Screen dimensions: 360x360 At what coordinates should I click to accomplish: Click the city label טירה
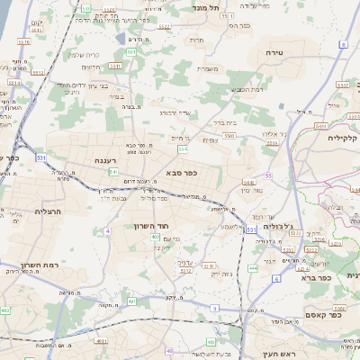point(274,53)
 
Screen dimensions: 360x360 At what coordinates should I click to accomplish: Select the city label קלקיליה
point(343,138)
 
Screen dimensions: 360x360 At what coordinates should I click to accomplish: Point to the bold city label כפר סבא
point(182,172)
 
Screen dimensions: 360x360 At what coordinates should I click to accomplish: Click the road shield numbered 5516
point(23,41)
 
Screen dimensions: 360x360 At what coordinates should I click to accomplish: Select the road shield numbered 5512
point(39,70)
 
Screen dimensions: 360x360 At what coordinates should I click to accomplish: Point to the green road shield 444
point(253,268)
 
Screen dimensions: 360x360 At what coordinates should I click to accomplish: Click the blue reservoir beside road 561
point(120,39)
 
